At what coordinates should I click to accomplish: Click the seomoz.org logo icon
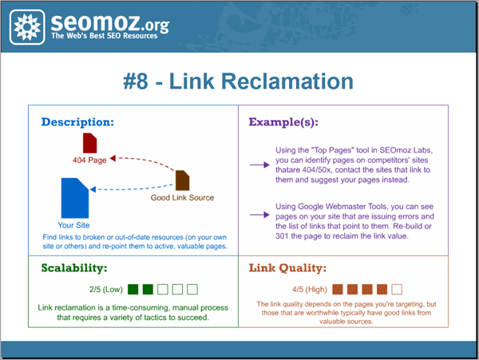coord(28,27)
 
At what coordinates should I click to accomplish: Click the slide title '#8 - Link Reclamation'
coord(239,81)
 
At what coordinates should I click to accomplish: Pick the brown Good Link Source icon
coord(182,180)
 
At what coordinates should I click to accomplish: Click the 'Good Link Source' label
coord(182,197)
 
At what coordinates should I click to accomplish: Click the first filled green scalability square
coord(133,288)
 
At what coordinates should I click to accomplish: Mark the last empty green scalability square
coord(192,288)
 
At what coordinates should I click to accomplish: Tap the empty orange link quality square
coord(397,288)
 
